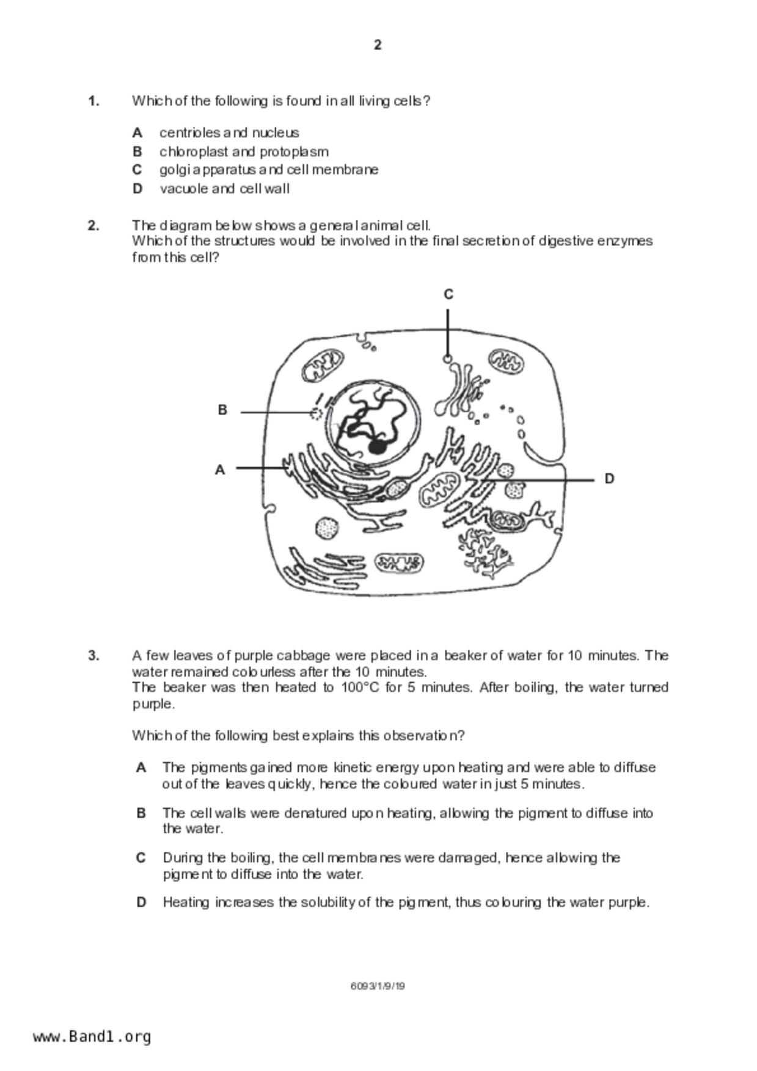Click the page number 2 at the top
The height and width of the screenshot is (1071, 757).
click(x=378, y=45)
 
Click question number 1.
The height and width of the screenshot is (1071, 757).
click(x=93, y=101)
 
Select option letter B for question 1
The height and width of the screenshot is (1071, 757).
click(x=137, y=151)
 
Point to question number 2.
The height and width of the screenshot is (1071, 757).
click(x=93, y=225)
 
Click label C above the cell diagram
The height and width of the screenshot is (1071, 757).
click(x=448, y=294)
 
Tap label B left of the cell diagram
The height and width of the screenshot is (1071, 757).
click(x=222, y=410)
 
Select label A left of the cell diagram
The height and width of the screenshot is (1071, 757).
click(x=220, y=470)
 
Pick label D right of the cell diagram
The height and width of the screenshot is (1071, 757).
click(x=609, y=479)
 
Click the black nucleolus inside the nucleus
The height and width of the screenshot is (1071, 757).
click(x=378, y=446)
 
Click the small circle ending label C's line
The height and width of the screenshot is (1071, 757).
click(x=448, y=359)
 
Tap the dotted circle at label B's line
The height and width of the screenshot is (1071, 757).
click(x=316, y=413)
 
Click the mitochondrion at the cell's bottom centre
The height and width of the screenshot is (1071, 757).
click(x=399, y=562)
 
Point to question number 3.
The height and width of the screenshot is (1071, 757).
click(x=93, y=655)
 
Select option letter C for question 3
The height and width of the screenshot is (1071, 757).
click(x=141, y=858)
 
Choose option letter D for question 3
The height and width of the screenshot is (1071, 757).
click(x=141, y=902)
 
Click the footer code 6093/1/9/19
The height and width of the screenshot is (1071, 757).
click(x=378, y=986)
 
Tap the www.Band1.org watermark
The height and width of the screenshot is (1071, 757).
click(x=92, y=1036)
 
